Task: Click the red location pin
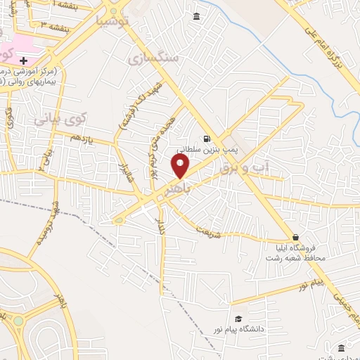[x=181, y=167]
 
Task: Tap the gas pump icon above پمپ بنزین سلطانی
[x=206, y=139]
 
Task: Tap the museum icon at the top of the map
[x=195, y=16]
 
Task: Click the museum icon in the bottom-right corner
[x=341, y=348]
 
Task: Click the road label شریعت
[x=209, y=231]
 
